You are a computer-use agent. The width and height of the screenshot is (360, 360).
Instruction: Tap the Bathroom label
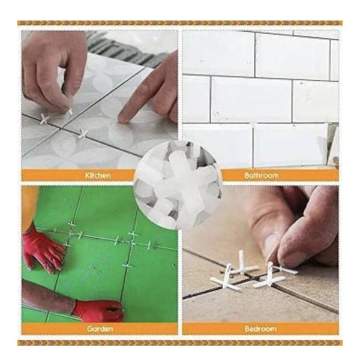click(262, 175)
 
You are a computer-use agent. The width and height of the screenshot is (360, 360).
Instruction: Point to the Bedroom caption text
click(262, 329)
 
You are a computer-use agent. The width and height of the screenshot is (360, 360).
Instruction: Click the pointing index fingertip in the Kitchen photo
click(124, 118)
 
